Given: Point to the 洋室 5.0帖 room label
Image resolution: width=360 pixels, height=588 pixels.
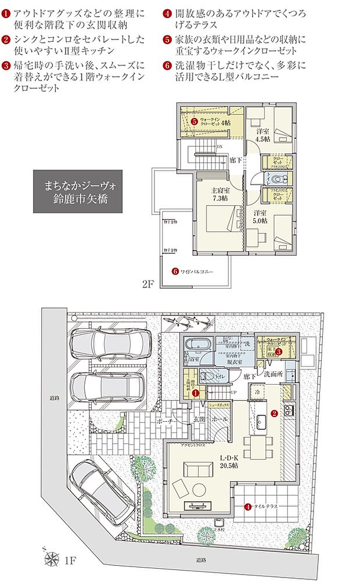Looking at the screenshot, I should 260,216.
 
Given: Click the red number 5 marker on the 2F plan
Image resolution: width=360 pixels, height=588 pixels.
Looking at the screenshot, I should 195,121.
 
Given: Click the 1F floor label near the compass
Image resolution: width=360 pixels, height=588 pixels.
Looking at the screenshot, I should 70,561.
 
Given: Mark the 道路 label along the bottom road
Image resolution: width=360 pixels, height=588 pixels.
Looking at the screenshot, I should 201,559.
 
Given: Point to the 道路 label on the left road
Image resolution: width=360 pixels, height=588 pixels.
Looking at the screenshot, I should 53,399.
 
